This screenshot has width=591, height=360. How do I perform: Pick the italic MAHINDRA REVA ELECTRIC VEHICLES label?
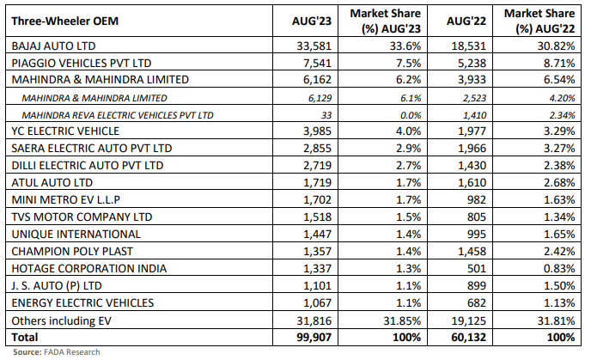point(119,114)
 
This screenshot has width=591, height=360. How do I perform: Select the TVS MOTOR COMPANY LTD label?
point(76,217)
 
